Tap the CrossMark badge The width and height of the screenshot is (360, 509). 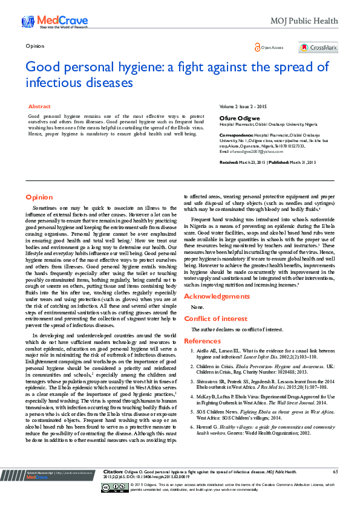[317, 47]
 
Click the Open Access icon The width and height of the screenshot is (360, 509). [258, 47]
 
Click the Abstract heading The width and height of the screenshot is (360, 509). [40, 106]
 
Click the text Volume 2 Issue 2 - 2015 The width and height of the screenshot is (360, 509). [243, 106]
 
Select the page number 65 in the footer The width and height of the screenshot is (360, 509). [336, 488]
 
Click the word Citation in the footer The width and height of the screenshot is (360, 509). [113, 488]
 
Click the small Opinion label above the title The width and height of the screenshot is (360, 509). [35, 46]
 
